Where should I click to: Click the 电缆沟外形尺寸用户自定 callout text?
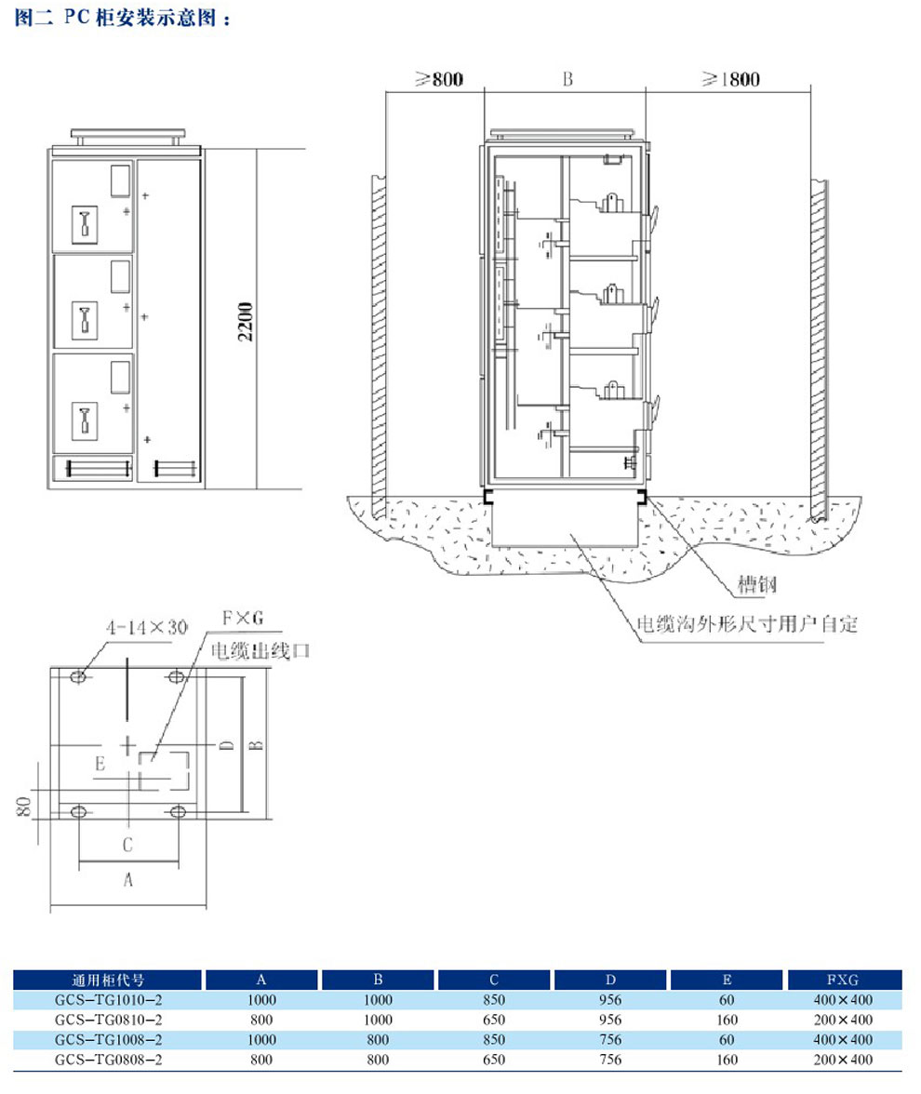[746, 624]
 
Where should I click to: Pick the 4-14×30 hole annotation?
[147, 628]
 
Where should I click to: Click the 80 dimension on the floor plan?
[25, 805]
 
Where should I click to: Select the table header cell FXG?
[845, 980]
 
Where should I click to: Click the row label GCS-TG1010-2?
[108, 1000]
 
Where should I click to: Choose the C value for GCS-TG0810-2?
[494, 1020]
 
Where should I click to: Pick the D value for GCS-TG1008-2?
[610, 1039]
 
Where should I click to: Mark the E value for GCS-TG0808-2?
[727, 1060]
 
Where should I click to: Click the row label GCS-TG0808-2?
[108, 1060]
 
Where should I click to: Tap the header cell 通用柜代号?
[108, 980]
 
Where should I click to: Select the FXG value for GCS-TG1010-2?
[845, 1000]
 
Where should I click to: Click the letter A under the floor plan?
[128, 879]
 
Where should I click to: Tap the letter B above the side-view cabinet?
[567, 80]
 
